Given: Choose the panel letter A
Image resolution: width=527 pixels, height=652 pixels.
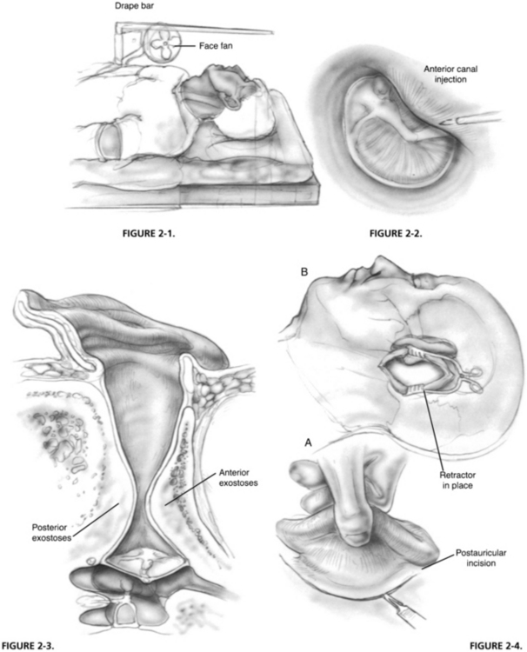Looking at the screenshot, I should (x=307, y=442).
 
